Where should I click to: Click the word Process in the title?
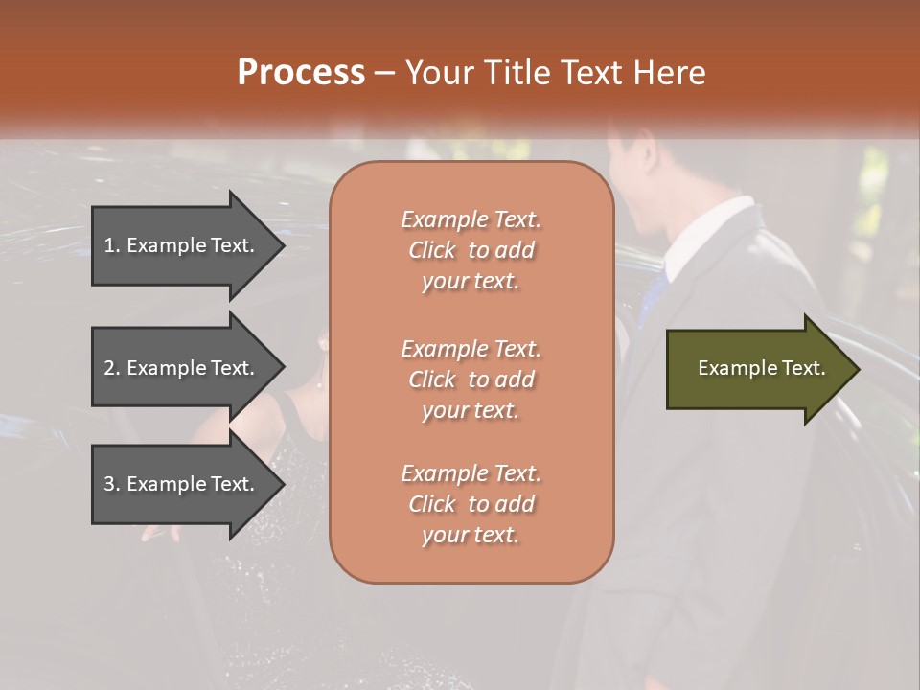pos(301,73)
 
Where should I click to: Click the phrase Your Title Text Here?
pos(556,73)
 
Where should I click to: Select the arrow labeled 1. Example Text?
pos(182,245)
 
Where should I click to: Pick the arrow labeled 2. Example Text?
pos(182,368)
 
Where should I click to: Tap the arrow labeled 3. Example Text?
pos(182,484)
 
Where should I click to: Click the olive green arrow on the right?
pos(757,369)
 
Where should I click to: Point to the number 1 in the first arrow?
pos(109,245)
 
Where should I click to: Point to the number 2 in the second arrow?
pos(109,368)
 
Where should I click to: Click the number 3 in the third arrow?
pos(109,484)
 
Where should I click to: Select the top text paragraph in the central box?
pos(471,250)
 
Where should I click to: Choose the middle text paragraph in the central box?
pos(471,379)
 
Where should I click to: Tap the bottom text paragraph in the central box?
pos(471,504)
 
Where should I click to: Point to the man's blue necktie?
pos(654,292)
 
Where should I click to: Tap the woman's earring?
pos(319,385)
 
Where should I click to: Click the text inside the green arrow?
pos(761,369)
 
